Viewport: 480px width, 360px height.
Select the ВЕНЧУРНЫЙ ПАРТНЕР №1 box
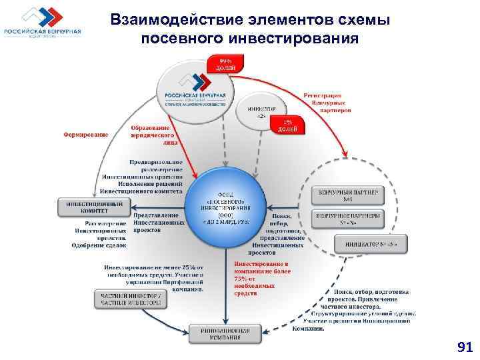tap(349, 195)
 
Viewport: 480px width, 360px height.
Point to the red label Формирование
tap(87, 134)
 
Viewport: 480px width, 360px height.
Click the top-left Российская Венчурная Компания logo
tap(43, 25)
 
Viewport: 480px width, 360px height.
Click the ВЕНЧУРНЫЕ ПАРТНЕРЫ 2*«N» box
tap(349, 219)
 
